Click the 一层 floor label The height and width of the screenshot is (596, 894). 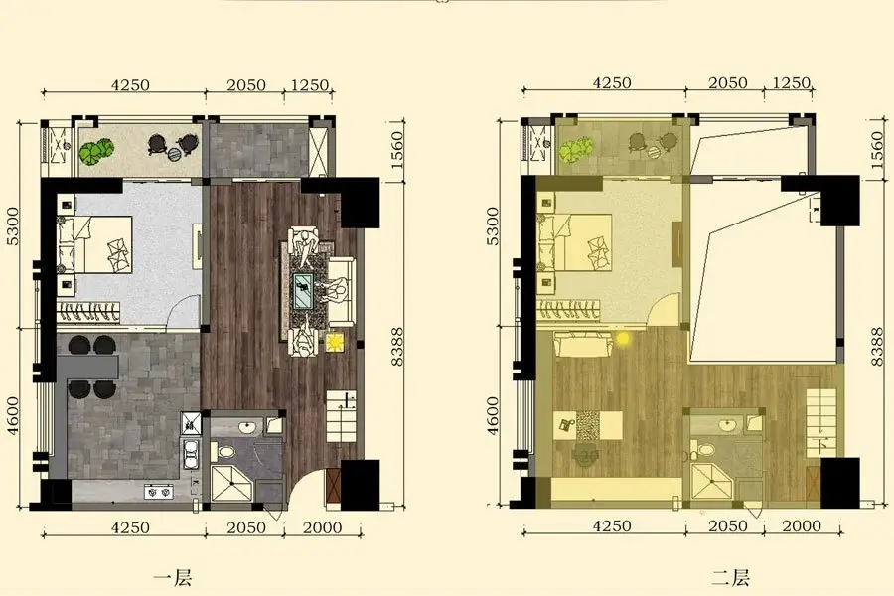click(x=172, y=578)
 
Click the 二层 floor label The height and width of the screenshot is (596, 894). click(x=730, y=578)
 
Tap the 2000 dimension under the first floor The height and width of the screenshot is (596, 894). click(x=323, y=527)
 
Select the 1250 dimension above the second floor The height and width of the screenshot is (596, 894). click(x=792, y=82)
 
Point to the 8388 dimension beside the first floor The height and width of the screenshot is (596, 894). click(x=397, y=347)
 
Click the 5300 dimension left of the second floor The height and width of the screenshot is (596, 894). click(x=493, y=225)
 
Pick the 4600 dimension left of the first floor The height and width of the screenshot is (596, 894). click(x=13, y=416)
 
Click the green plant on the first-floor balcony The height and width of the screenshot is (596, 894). click(x=96, y=151)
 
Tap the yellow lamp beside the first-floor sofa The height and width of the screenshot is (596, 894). click(x=334, y=343)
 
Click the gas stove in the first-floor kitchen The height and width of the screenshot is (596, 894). click(x=159, y=491)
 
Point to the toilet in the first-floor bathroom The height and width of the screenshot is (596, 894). click(x=225, y=453)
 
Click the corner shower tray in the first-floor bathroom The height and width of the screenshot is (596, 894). click(x=233, y=483)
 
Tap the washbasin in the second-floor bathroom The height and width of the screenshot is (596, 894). click(x=727, y=425)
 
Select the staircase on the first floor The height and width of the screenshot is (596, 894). click(x=342, y=417)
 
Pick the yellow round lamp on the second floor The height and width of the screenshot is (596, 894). click(x=623, y=339)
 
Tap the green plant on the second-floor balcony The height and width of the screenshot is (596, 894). click(x=575, y=151)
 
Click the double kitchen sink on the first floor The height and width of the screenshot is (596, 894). click(x=190, y=454)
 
